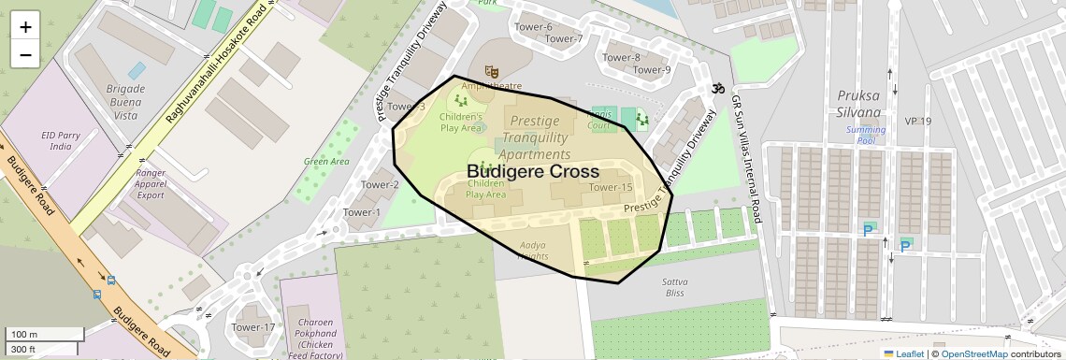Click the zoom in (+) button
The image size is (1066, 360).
click(x=25, y=27)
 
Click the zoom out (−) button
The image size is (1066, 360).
click(x=25, y=55)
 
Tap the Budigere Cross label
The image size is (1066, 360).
click(x=532, y=172)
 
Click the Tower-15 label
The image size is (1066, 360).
click(x=611, y=188)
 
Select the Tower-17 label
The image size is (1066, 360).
click(x=253, y=327)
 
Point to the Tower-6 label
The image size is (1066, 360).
click(x=534, y=27)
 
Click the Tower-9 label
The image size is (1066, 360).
click(x=652, y=69)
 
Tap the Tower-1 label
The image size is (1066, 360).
click(x=362, y=212)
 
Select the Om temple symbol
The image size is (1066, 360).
click(x=717, y=88)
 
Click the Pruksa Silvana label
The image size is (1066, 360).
click(x=859, y=103)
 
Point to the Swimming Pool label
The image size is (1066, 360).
click(x=865, y=135)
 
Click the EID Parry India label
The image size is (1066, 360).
click(x=61, y=141)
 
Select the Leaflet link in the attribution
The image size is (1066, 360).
click(x=903, y=353)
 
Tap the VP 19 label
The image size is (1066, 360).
click(x=918, y=122)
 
